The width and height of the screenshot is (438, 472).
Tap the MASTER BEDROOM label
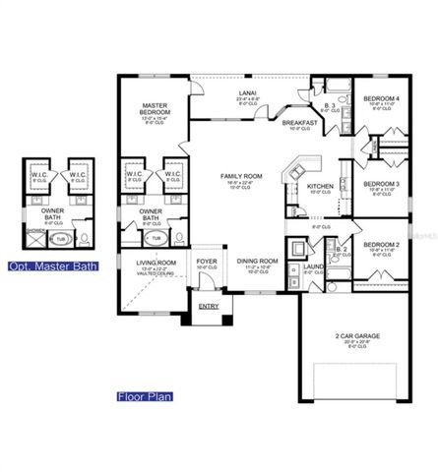(x=156, y=108)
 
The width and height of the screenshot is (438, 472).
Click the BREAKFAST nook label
(x=299, y=123)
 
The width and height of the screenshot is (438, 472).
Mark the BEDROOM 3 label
(x=381, y=184)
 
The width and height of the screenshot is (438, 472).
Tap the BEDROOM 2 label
(x=380, y=244)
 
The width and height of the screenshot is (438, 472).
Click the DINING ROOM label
(x=257, y=261)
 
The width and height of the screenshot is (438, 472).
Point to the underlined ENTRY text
(x=209, y=306)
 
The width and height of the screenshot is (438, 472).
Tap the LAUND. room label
(x=314, y=265)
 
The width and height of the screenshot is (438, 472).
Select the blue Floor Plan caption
(x=144, y=397)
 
